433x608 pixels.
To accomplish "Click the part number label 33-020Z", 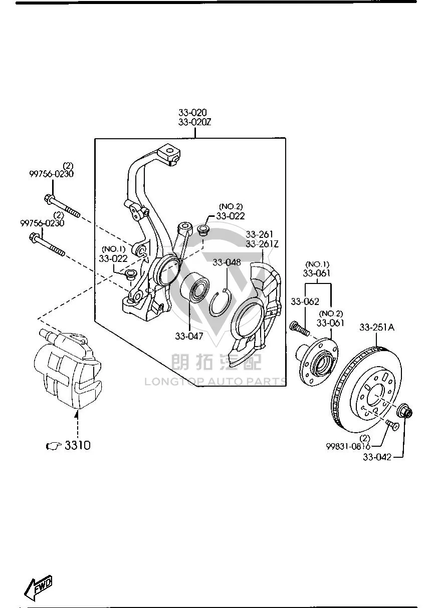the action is tap(194, 122).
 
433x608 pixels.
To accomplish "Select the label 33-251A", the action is tap(377, 328).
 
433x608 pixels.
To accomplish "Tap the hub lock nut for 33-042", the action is tap(404, 413).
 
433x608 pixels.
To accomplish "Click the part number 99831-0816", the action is tap(348, 447).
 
